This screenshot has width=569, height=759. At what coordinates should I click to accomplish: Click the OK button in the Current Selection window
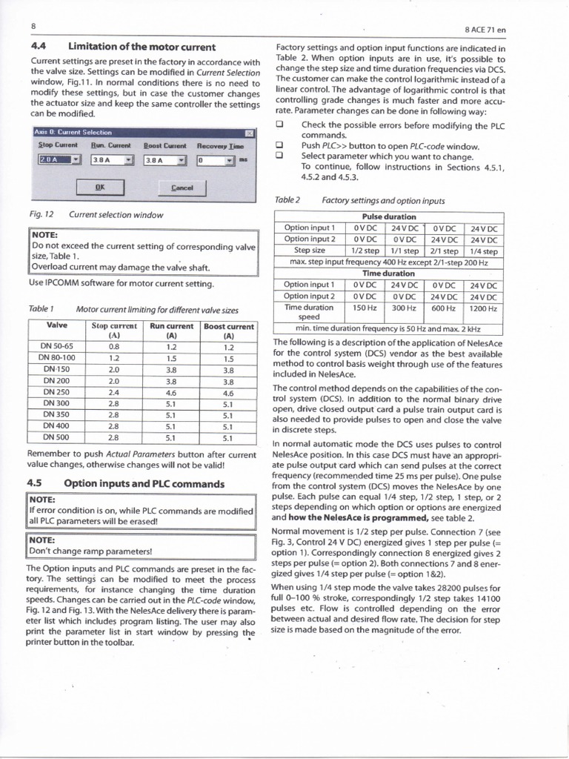click(99, 188)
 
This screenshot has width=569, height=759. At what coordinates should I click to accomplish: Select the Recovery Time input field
click(214, 159)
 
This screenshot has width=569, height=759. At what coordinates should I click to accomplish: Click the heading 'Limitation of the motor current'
click(142, 47)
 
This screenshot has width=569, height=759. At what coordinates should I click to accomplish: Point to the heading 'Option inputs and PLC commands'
click(144, 484)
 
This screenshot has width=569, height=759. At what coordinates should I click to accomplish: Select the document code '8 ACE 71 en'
click(485, 30)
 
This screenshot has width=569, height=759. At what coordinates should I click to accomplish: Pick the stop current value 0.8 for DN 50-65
click(113, 346)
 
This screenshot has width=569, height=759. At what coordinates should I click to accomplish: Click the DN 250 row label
click(56, 393)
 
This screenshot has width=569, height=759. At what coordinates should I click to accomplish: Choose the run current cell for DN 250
click(171, 393)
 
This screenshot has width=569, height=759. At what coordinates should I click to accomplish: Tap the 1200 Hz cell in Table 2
click(482, 307)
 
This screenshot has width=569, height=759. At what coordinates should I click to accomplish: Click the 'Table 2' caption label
click(287, 200)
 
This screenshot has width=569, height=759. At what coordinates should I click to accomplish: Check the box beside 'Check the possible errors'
click(280, 125)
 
